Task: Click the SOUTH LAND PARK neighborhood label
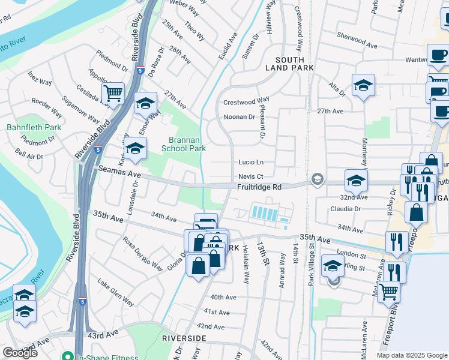click(294, 64)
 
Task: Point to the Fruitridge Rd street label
click(259, 187)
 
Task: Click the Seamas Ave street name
click(119, 173)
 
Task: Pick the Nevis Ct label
click(250, 176)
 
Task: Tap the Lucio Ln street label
click(251, 162)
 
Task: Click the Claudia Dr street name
click(345, 209)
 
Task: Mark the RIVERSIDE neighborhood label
click(184, 338)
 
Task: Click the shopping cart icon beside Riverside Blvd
click(113, 94)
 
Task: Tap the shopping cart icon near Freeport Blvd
click(389, 292)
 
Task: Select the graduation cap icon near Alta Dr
click(363, 85)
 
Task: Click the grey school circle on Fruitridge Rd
click(316, 179)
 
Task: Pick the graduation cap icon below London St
click(333, 265)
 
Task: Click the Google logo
click(20, 353)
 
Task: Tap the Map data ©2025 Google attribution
click(412, 355)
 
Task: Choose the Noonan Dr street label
click(239, 116)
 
